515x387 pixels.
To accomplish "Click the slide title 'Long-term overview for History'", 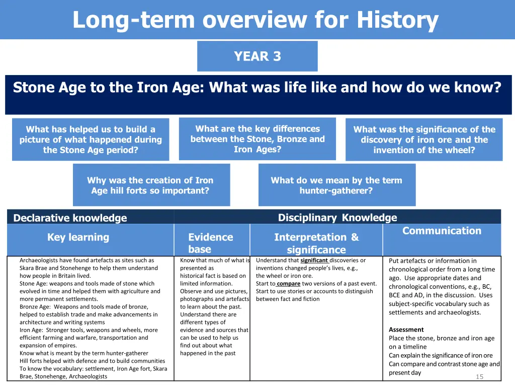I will point(255,20).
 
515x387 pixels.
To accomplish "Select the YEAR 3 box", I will point(257,56).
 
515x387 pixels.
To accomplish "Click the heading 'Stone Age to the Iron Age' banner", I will point(257,88).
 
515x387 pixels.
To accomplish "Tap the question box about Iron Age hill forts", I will point(150,185).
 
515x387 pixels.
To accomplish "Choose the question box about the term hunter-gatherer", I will point(336,185).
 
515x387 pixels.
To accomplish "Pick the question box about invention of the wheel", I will point(424,140).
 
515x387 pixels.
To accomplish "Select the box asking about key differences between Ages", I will point(257,139).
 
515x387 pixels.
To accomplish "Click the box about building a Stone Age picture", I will point(91,140).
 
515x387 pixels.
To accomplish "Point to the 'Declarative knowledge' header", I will point(70,218).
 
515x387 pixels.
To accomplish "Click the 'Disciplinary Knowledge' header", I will point(337,218).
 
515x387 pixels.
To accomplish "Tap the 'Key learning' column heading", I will point(78,237).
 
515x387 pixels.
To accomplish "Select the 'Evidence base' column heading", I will point(210,243).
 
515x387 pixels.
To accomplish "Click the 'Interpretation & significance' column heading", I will point(316,243).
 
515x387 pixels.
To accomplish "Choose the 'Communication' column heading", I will point(442,231).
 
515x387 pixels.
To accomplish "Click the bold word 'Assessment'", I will point(406,330).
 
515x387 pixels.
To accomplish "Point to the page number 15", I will point(479,377).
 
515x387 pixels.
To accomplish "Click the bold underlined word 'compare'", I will point(288,284).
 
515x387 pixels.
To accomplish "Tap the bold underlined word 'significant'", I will point(314,261).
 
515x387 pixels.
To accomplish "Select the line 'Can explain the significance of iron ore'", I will point(441,355).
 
